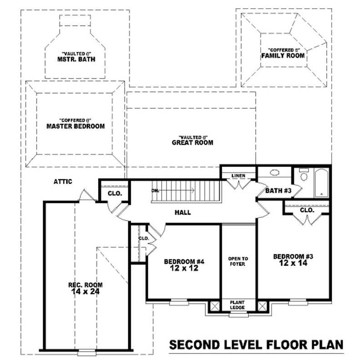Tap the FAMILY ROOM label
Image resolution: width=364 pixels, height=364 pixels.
coord(283,56)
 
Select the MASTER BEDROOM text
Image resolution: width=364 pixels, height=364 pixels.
coord(76,126)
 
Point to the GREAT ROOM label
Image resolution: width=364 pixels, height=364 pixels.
coord(192,142)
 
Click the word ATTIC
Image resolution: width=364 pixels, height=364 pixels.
coord(63,182)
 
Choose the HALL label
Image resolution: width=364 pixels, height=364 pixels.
coord(182,212)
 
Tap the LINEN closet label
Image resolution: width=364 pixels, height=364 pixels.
coord(238,175)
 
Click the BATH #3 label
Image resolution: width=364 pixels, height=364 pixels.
coord(278,191)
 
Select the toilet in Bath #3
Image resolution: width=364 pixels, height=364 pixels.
coord(304,174)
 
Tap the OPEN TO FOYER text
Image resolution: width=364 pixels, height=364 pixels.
coord(238,261)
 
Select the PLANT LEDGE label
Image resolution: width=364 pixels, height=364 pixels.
coord(238,305)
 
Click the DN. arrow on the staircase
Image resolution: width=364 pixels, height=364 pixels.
coord(173,191)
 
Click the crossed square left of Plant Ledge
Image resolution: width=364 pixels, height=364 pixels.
coord(213,306)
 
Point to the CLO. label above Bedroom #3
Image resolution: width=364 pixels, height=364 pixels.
coord(307,210)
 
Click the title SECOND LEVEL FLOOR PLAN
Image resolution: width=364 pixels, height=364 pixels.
coord(256,344)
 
